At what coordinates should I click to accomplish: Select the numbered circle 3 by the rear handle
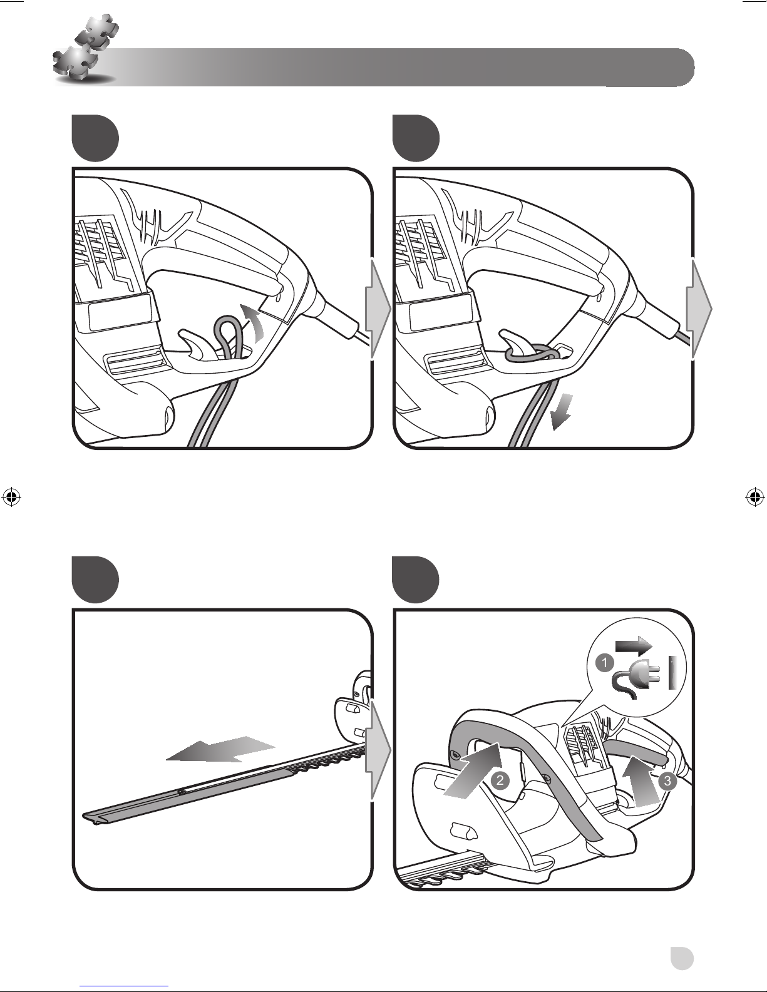(x=667, y=781)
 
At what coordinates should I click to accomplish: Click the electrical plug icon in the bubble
(x=638, y=678)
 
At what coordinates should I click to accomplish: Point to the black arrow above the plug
(x=634, y=647)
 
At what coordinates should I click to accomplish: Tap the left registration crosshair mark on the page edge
(x=11, y=497)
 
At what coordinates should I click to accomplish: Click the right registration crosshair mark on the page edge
(x=755, y=497)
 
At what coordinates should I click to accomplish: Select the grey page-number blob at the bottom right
(x=682, y=958)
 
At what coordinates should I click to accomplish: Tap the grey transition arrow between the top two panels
(x=378, y=310)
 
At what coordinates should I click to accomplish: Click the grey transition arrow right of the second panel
(x=699, y=310)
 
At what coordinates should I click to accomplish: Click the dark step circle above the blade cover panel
(x=95, y=579)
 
